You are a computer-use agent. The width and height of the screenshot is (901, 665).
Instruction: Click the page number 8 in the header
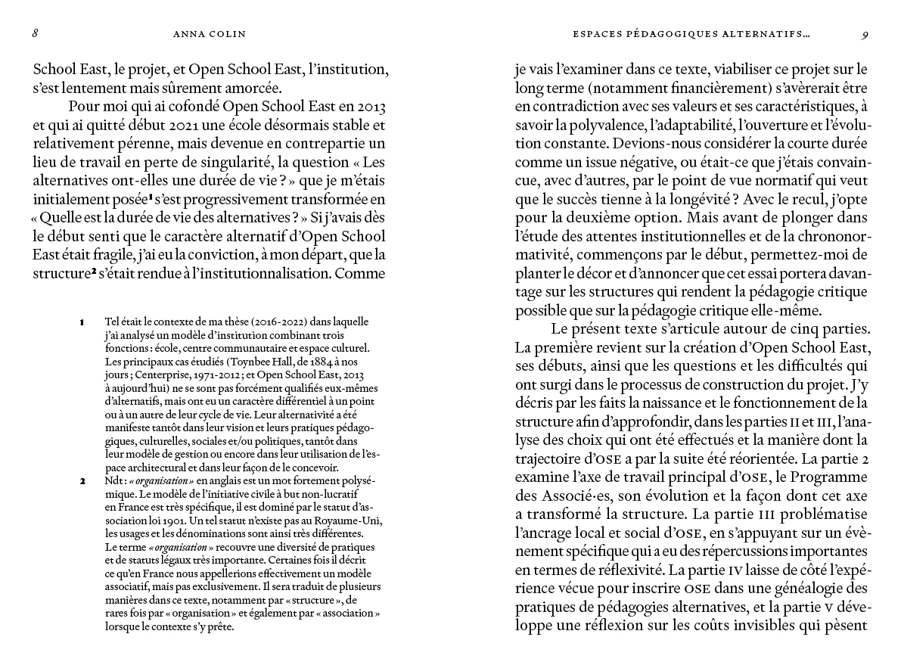pyautogui.click(x=36, y=33)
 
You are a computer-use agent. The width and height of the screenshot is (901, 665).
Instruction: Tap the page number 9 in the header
pyautogui.click(x=865, y=33)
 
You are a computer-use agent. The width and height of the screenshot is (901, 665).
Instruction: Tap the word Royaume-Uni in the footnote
pyautogui.click(x=350, y=522)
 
